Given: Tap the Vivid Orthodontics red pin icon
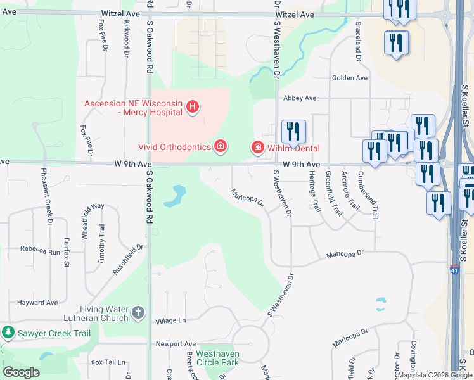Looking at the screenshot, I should pyautogui.click(x=220, y=147).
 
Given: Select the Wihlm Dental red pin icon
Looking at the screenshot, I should pyautogui.click(x=258, y=148).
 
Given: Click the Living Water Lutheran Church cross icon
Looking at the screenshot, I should pyautogui.click(x=139, y=313).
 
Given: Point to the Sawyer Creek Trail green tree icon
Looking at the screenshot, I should pyautogui.click(x=8, y=332).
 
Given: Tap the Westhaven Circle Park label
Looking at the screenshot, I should pyautogui.click(x=217, y=358).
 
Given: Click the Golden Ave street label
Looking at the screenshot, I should pyautogui.click(x=349, y=78).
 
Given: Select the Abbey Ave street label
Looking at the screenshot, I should pyautogui.click(x=300, y=98).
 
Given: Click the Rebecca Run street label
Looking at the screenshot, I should pyautogui.click(x=41, y=251).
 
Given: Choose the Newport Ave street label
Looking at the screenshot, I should pyautogui.click(x=176, y=344).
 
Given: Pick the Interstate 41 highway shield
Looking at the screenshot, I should pyautogui.click(x=454, y=270).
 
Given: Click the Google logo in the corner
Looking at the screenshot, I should pyautogui.click(x=21, y=372).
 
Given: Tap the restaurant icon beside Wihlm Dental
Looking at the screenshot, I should pyautogui.click(x=293, y=131).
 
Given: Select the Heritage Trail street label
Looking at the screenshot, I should pyautogui.click(x=312, y=190).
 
